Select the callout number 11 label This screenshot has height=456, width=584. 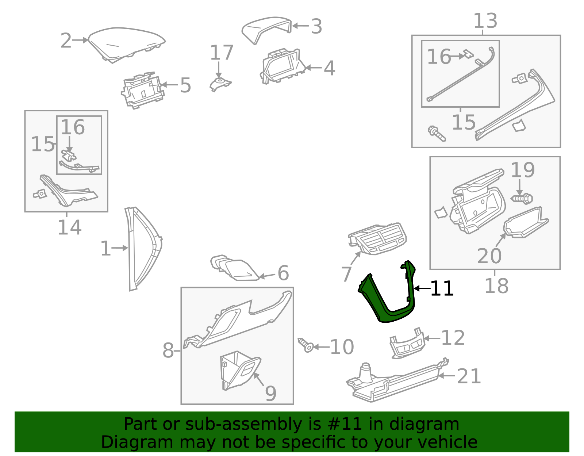tap(442, 289)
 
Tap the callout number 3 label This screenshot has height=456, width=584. tap(316, 27)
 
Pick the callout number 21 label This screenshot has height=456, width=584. tap(469, 376)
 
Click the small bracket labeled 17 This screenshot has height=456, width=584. tap(220, 84)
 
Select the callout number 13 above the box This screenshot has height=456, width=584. tap(485, 21)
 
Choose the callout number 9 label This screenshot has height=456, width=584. tap(270, 393)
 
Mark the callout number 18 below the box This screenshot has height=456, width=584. tap(496, 286)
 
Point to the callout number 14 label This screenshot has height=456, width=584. tap(69, 227)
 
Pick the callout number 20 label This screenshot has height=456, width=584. tap(489, 256)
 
